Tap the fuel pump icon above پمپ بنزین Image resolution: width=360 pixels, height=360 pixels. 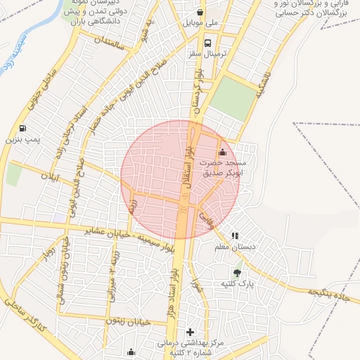(x=23, y=129)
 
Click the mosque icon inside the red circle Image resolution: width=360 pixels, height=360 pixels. (x=223, y=152)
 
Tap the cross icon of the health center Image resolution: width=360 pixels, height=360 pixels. (x=189, y=332)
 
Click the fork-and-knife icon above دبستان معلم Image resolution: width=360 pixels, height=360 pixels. (x=235, y=236)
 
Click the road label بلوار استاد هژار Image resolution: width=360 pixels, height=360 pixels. (x=182, y=278)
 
